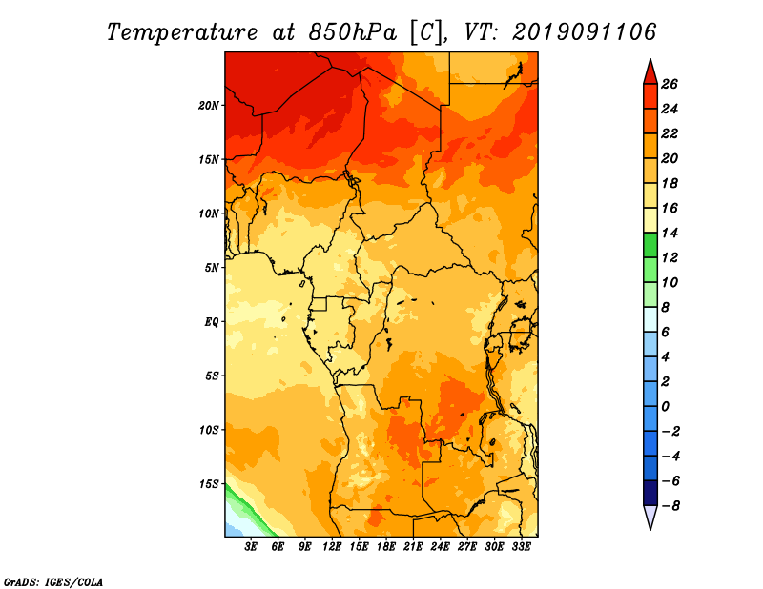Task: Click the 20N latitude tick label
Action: (209, 105)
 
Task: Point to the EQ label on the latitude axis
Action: (212, 321)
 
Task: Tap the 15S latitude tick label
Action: (209, 484)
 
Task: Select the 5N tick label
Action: (212, 268)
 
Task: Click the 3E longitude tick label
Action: (251, 547)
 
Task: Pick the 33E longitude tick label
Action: (521, 547)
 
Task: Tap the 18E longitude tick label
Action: (386, 547)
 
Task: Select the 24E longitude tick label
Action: (440, 547)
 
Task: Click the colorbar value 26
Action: (682, 84)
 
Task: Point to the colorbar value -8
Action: (682, 505)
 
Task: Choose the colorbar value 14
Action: (682, 233)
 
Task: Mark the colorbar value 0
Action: (682, 406)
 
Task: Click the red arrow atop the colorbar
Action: (650, 71)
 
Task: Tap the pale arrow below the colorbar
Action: (650, 517)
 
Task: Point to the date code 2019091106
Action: (586, 32)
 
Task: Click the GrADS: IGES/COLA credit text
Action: (52, 580)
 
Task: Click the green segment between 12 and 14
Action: (650, 245)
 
